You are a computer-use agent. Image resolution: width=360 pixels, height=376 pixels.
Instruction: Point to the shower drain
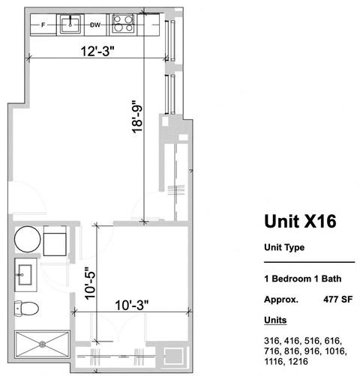click(x=43, y=345)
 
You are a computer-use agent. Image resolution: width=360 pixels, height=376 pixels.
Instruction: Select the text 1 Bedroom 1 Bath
click(x=302, y=279)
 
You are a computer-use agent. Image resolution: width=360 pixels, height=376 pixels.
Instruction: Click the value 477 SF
click(x=337, y=298)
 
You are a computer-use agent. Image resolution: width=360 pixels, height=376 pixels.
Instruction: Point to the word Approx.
click(x=280, y=298)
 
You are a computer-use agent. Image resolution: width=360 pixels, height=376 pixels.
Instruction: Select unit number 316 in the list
click(x=271, y=340)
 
